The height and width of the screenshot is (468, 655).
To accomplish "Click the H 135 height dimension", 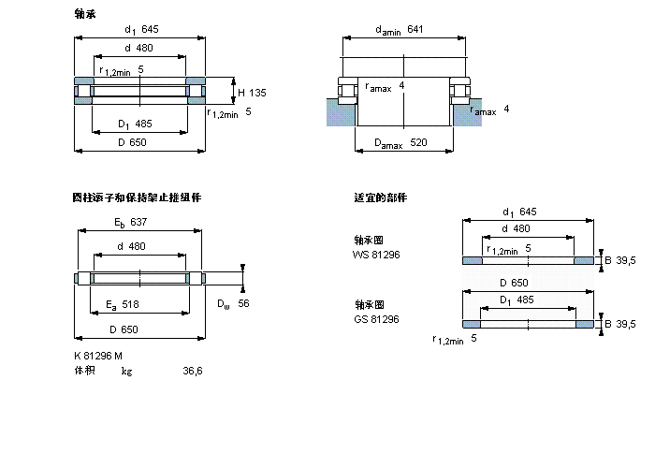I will click(252, 93).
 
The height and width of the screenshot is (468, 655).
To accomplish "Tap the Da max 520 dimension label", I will click(400, 143).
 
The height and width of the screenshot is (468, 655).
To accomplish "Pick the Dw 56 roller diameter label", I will click(232, 303).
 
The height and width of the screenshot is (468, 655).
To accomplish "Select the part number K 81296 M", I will click(97, 355).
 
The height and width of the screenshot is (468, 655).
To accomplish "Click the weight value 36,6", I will click(192, 372).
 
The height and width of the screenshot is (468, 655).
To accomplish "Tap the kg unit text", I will click(126, 372).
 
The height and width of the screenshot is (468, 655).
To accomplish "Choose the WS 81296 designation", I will click(375, 254).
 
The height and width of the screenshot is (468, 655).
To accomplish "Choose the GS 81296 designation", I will click(375, 319).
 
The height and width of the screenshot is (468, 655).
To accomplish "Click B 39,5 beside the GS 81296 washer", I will click(619, 324).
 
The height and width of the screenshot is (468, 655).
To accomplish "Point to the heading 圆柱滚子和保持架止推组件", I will click(137, 197).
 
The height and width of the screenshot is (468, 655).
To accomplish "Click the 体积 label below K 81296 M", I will click(84, 372).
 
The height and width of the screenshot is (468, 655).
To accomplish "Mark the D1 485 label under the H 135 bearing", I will click(136, 124).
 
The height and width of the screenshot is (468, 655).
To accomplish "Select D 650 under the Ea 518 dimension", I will click(124, 329).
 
